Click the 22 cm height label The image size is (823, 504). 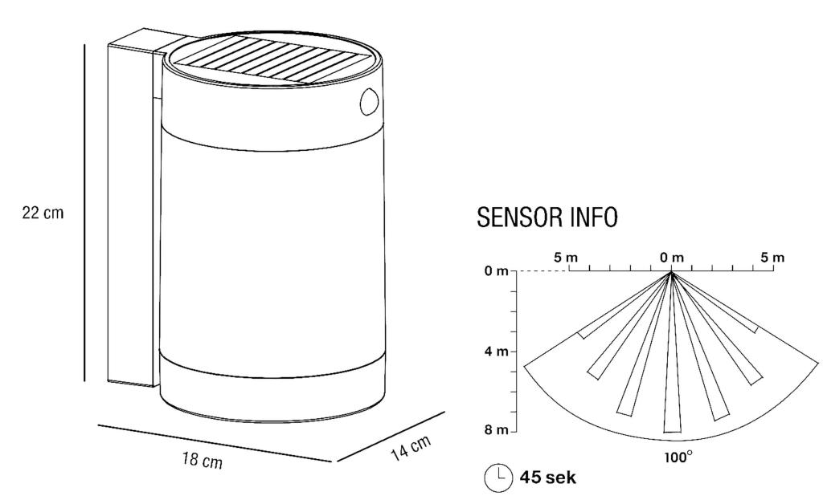43,213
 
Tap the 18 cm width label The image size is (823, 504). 203,461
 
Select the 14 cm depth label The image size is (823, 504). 411,448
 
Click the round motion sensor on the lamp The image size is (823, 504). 369,102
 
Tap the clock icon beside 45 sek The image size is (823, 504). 498,478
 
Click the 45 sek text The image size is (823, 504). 547,478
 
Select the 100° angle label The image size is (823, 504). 678,457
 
